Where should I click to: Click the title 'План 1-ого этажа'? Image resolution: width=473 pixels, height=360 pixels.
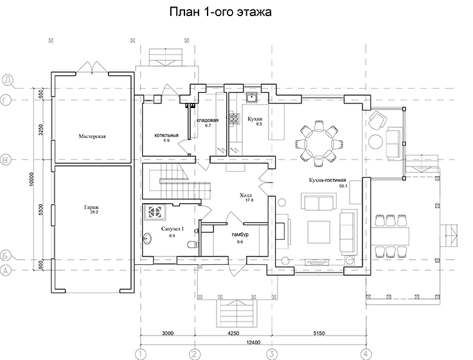click(220, 12)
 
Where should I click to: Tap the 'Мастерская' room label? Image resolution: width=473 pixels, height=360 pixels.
click(92, 136)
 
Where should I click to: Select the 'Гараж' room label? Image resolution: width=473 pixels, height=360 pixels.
click(91, 207)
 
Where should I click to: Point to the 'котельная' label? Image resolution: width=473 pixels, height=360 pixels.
click(166, 135)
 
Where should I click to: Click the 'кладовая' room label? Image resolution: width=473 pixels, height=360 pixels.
click(208, 120)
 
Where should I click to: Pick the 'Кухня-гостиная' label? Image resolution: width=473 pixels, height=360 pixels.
click(327, 180)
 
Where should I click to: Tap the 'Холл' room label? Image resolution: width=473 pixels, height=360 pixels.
click(245, 195)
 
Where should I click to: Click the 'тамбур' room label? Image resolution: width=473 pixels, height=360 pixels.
click(240, 235)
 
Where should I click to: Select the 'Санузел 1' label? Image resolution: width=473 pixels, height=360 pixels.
click(172, 229)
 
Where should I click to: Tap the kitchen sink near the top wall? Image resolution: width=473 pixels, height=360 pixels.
click(251, 98)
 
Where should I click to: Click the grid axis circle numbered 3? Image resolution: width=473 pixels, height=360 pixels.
click(272, 354)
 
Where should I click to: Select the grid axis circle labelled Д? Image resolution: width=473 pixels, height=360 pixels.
click(8, 80)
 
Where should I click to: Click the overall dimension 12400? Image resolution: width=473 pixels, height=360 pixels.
click(253, 342)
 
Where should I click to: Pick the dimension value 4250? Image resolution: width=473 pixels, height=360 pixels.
click(233, 333)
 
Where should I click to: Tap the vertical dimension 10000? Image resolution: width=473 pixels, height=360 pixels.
click(32, 179)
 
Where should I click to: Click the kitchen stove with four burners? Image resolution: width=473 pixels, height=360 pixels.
click(235, 118)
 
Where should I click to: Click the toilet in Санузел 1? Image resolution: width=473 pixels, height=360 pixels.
click(192, 244)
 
